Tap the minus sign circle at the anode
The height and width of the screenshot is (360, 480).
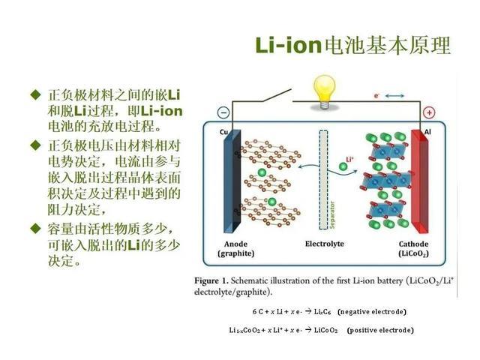pos(223,112)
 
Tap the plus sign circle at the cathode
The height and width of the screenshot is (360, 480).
pos(429,112)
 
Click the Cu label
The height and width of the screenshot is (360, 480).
pos(223,132)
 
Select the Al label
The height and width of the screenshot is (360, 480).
pos(427,132)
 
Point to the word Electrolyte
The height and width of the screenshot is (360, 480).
pos(325,244)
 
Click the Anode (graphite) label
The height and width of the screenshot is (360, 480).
pos(235,248)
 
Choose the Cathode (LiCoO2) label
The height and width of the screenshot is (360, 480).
pos(413,248)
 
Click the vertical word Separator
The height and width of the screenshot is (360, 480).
pos(332,214)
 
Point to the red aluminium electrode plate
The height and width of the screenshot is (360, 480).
pos(419,181)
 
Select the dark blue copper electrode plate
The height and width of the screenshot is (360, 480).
pos(232,181)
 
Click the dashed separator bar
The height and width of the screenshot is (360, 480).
pos(323,180)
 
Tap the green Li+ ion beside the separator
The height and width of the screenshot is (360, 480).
pos(343,166)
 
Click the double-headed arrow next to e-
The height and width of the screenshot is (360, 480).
pos(394,96)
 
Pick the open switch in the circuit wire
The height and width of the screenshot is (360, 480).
pos(277,95)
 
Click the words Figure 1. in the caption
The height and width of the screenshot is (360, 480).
pos(211,281)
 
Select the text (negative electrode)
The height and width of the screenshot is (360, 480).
pos(372,312)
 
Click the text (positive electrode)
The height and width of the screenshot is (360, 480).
pos(380,330)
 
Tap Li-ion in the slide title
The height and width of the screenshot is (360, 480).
pos(288,45)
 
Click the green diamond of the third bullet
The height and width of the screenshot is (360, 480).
pos(35,228)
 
